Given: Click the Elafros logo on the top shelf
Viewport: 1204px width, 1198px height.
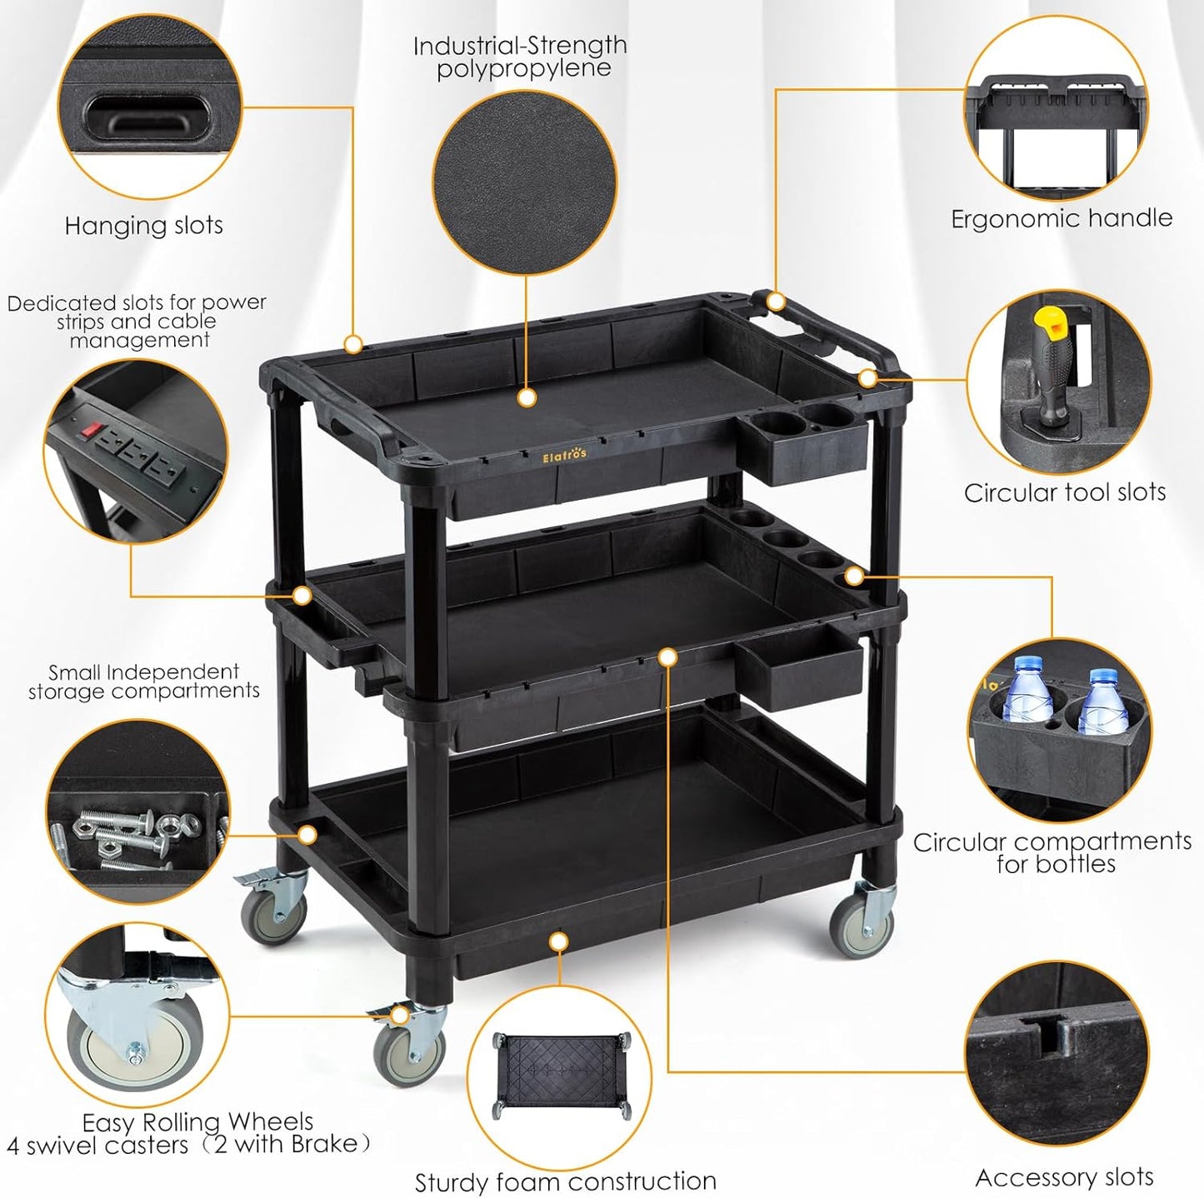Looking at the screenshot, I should coord(564,455).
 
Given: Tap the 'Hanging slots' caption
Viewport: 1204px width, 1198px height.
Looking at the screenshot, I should coord(143,226).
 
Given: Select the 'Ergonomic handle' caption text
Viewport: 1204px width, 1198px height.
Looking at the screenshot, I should coord(1062,218).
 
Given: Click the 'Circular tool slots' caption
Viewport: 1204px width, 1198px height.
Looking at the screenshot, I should coord(1064,492).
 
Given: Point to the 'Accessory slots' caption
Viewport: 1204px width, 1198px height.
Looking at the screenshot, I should coord(1064,1177).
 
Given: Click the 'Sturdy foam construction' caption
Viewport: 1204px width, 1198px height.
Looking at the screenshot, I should coord(565,1181).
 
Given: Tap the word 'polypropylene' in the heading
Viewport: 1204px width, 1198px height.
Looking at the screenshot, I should coord(523,68).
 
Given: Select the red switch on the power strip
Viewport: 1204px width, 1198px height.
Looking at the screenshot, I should coord(91,432).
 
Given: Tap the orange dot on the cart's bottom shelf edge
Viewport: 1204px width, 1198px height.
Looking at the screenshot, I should coord(558,941).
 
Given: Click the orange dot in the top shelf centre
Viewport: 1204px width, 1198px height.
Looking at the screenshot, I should coord(526,398).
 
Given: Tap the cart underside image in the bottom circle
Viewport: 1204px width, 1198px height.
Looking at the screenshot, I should coord(560,1075).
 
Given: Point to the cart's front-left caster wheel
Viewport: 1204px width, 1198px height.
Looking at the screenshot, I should coord(407,1051).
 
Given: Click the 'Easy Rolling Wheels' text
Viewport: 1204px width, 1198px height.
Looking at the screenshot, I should coord(197,1121).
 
